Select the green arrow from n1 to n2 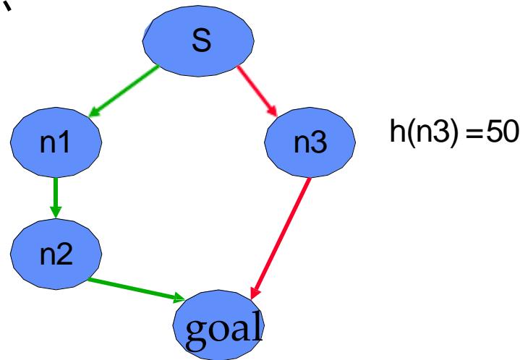click(x=55, y=192)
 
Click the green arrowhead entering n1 click(x=92, y=113)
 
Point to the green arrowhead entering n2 click(x=55, y=211)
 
